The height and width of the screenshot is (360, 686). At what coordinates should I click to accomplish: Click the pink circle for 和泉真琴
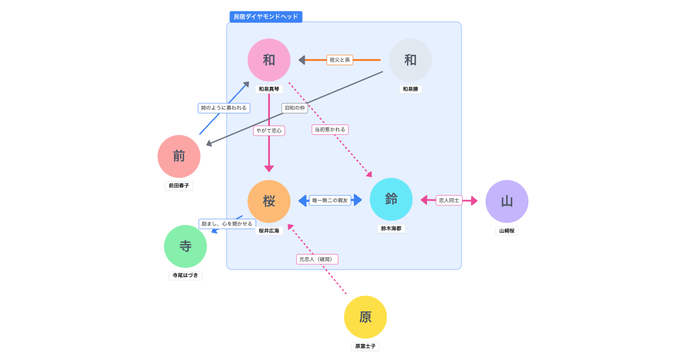[x=269, y=60]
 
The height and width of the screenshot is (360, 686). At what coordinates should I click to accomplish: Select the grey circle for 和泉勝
[x=410, y=60]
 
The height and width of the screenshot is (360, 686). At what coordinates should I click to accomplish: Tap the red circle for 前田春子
[x=179, y=157]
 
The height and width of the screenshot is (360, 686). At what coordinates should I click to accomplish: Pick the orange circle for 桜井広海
[x=269, y=201]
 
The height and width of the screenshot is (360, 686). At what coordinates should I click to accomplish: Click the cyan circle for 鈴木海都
[x=391, y=199]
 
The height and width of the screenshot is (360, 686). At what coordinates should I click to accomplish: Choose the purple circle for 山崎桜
[x=506, y=201]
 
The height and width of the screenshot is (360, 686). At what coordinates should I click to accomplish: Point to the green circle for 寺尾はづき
[x=185, y=246]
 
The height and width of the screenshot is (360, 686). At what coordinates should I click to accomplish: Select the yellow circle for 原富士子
[x=365, y=317]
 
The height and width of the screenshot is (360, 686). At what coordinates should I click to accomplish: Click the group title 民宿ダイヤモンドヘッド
[x=266, y=17]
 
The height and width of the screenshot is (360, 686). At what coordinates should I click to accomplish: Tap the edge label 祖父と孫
[x=340, y=60]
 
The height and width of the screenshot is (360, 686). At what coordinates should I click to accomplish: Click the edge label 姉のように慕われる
[x=224, y=108]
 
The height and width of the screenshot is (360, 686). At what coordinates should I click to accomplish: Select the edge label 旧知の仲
[x=294, y=108]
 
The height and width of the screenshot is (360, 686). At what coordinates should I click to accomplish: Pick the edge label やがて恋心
[x=269, y=131]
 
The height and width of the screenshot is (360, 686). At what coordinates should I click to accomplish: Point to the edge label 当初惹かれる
[x=330, y=130]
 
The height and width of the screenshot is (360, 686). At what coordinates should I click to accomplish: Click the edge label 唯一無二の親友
[x=330, y=201]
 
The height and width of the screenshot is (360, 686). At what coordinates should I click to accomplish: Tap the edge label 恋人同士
[x=449, y=201]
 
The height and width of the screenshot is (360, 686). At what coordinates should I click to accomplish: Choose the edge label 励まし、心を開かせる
[x=227, y=224]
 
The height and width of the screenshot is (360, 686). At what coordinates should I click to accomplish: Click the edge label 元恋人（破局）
[x=317, y=259]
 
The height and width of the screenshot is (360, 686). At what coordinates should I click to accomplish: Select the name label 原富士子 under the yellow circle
[x=365, y=346]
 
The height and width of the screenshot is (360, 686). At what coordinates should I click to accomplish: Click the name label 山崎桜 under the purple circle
[x=506, y=231]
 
